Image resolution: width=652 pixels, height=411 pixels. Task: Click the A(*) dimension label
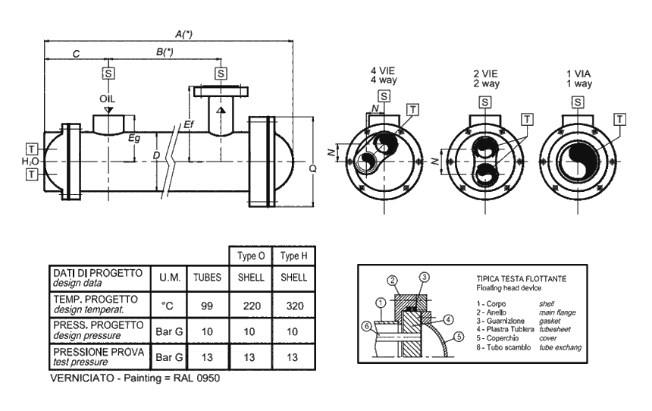tap(183, 34)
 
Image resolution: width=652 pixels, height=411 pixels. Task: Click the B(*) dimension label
tap(165, 52)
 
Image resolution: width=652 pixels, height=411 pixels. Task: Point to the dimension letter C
tap(76, 54)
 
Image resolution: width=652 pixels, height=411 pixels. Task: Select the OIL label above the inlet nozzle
tap(108, 99)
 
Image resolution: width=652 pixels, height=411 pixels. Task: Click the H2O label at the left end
tap(30, 162)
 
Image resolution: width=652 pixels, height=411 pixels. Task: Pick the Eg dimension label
tap(134, 139)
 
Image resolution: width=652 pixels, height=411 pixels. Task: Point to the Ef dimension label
tap(189, 124)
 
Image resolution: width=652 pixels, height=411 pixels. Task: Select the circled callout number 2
tap(392, 281)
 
